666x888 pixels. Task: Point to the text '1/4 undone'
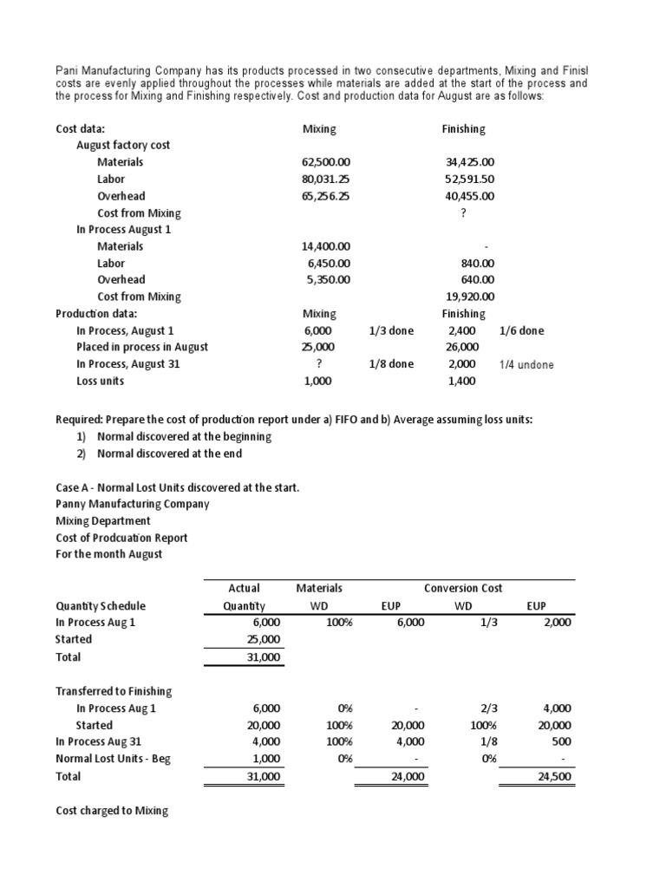point(526,365)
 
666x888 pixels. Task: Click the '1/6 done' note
point(523,330)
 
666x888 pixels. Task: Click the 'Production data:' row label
point(96,314)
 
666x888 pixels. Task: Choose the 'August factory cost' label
point(123,146)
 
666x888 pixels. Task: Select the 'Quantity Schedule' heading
point(101,606)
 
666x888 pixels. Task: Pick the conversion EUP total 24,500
point(554,777)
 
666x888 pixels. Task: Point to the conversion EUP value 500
point(561,742)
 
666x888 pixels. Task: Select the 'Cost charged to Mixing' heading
point(112,811)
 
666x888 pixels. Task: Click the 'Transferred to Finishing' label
point(114,691)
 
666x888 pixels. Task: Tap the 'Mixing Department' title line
point(103,521)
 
